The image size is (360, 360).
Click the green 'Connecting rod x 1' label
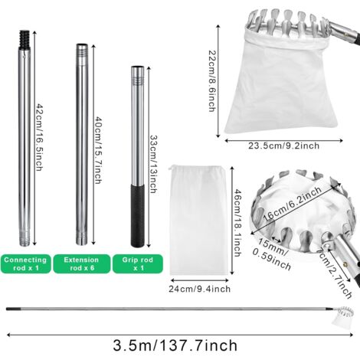[25, 263]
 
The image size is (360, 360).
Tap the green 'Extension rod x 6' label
[82, 263]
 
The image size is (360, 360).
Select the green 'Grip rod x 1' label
[138, 263]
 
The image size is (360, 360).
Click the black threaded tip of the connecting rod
[25, 39]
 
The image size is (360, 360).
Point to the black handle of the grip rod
[138, 215]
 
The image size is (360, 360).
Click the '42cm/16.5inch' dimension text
[39, 137]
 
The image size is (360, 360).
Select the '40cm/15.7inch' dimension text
[99, 150]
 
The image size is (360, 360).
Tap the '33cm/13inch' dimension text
[153, 164]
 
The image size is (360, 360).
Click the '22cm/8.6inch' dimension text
[211, 81]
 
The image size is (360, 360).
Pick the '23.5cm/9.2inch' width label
[284, 146]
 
